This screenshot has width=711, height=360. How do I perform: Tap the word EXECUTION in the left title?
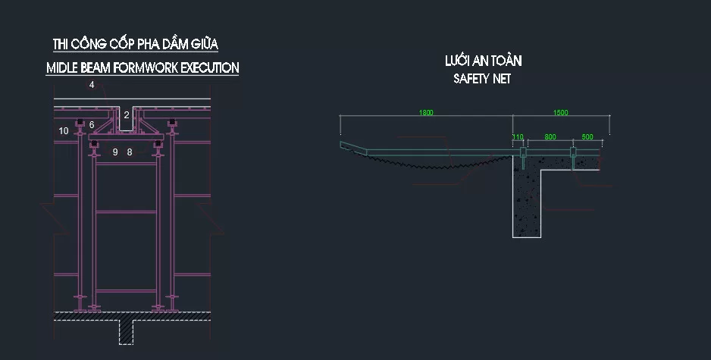[x=210, y=67]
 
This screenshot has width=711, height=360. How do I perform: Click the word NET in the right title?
[x=502, y=78]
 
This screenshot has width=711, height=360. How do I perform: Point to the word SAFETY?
[x=471, y=78]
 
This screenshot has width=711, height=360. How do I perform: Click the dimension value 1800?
[x=426, y=112]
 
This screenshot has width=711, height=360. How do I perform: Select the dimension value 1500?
[x=560, y=112]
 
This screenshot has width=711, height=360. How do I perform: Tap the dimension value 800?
[x=550, y=136]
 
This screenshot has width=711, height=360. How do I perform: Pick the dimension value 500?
[x=587, y=136]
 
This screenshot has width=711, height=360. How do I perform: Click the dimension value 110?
[x=518, y=136]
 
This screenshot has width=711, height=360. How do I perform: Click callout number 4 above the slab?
[x=92, y=85]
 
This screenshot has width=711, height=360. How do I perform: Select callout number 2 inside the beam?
[x=127, y=115]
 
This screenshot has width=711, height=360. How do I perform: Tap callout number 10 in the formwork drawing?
[x=64, y=130]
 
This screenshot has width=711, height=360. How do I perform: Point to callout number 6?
[x=92, y=125]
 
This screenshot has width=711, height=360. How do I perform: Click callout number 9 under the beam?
[x=115, y=152]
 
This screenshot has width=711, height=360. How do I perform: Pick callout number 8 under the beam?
[x=130, y=152]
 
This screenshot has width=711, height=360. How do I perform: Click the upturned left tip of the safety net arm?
[x=341, y=143]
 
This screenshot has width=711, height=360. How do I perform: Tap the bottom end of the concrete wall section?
[x=527, y=236]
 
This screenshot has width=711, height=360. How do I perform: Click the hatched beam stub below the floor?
[x=126, y=332]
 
